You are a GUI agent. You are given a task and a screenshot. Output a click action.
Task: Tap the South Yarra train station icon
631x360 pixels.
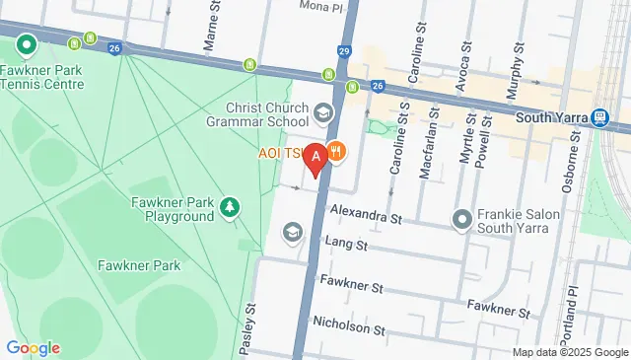click(598, 117)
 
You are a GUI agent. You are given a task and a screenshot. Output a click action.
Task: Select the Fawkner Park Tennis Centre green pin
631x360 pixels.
click(26, 44)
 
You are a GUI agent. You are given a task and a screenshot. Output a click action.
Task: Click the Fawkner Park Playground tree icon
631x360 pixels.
click(230, 205)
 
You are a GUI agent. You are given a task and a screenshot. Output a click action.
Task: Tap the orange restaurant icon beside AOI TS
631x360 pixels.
click(336, 151)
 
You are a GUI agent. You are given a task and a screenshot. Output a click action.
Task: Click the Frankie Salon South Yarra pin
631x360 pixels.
click(461, 218)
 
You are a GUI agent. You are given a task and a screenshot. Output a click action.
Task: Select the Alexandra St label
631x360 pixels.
click(367, 212)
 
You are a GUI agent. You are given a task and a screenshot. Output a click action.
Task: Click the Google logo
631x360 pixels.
click(33, 348)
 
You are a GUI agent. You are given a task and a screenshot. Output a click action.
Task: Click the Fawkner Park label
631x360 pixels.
click(138, 265)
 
